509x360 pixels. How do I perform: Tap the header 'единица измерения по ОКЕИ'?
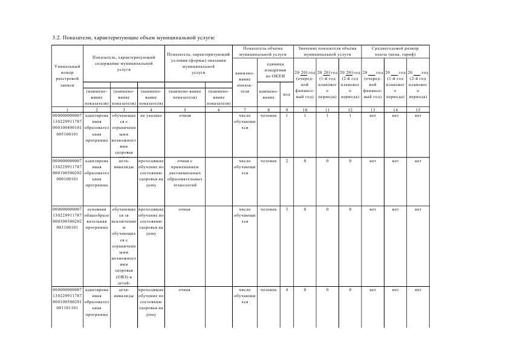tap(271, 70)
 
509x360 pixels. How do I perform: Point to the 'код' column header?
tap(287, 94)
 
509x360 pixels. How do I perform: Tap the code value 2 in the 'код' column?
tap(287, 161)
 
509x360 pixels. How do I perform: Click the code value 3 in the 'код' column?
tap(287, 209)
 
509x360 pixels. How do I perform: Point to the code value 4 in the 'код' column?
tap(287, 290)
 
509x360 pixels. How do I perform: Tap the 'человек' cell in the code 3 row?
tap(268, 209)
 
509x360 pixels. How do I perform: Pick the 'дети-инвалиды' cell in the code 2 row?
tap(124, 165)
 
